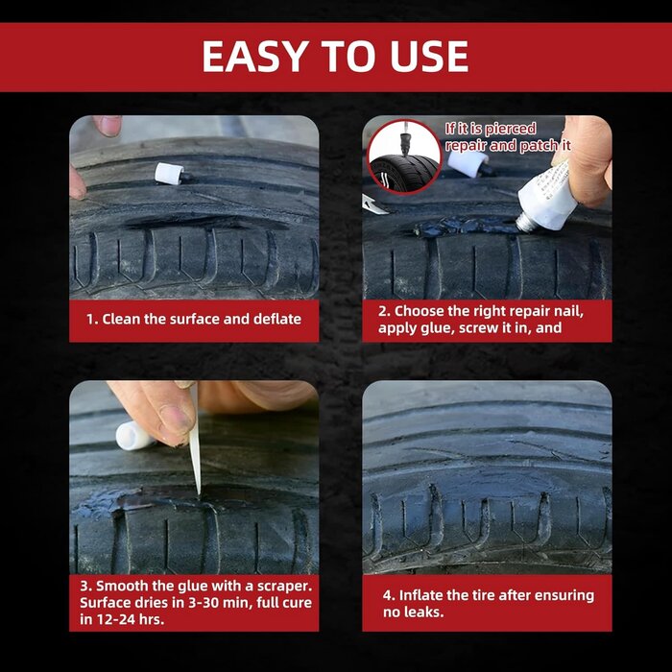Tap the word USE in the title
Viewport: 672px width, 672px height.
425,57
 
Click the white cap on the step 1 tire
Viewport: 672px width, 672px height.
169,174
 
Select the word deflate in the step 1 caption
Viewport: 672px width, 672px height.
276,319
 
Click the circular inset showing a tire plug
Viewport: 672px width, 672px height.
404,156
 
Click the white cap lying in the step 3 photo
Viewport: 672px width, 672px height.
134,436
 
